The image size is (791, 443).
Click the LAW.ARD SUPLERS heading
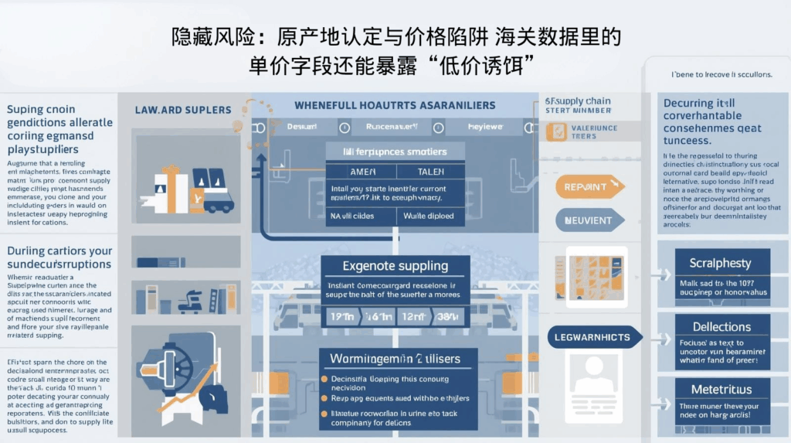tap(183, 110)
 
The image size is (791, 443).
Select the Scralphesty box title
tap(720, 264)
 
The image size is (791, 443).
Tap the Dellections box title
tap(721, 327)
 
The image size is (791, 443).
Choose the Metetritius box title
tap(720, 390)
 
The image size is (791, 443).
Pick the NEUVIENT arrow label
tap(589, 220)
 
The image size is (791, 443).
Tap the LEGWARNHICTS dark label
tap(592, 337)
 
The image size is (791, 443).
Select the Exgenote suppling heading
tap(395, 266)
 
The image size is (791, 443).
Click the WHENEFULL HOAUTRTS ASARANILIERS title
tap(394, 105)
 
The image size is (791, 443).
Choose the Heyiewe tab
tap(486, 126)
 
